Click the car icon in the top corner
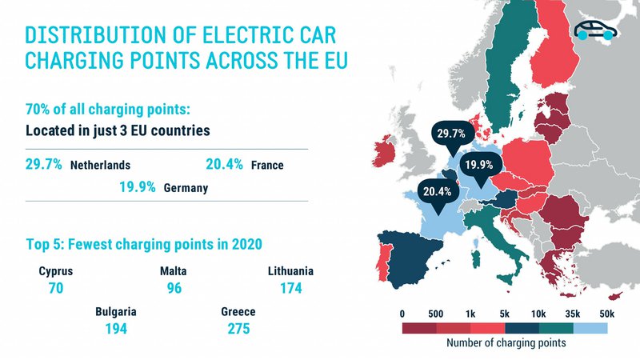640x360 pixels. [x=596, y=31]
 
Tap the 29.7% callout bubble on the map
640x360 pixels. [x=449, y=133]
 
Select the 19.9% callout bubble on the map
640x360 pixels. [x=478, y=166]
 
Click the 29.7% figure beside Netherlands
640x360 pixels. [x=41, y=165]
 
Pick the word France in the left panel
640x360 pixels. [x=267, y=166]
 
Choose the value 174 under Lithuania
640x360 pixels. [x=290, y=287]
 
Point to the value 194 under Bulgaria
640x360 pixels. [x=115, y=328]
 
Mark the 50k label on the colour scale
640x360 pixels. [x=606, y=312]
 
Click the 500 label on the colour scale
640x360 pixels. [x=436, y=312]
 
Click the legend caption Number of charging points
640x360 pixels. [x=504, y=343]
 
